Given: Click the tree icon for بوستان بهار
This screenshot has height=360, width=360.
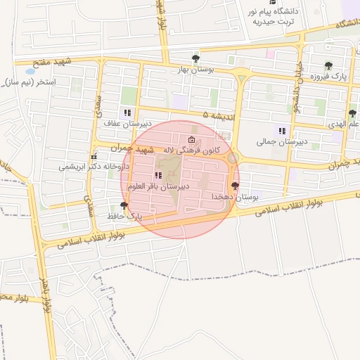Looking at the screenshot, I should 195,58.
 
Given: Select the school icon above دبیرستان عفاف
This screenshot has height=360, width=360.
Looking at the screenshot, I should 127,112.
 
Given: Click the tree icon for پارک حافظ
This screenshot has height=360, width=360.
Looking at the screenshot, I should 124,205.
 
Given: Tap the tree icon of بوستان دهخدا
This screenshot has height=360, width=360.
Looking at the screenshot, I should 234,186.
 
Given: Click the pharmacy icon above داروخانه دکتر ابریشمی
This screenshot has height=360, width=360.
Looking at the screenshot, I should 93,157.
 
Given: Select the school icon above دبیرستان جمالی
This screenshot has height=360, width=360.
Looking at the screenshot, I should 282,131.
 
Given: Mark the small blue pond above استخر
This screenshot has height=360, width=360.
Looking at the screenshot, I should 30,71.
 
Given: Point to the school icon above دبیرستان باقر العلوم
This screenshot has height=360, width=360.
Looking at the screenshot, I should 157,175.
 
